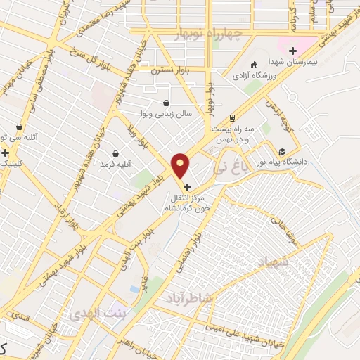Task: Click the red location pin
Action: [181, 166]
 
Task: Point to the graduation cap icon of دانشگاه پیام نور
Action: [282, 151]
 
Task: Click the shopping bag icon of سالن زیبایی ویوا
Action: [166, 103]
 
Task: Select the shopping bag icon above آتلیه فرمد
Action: [115, 153]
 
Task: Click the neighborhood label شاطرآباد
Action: [188, 298]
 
